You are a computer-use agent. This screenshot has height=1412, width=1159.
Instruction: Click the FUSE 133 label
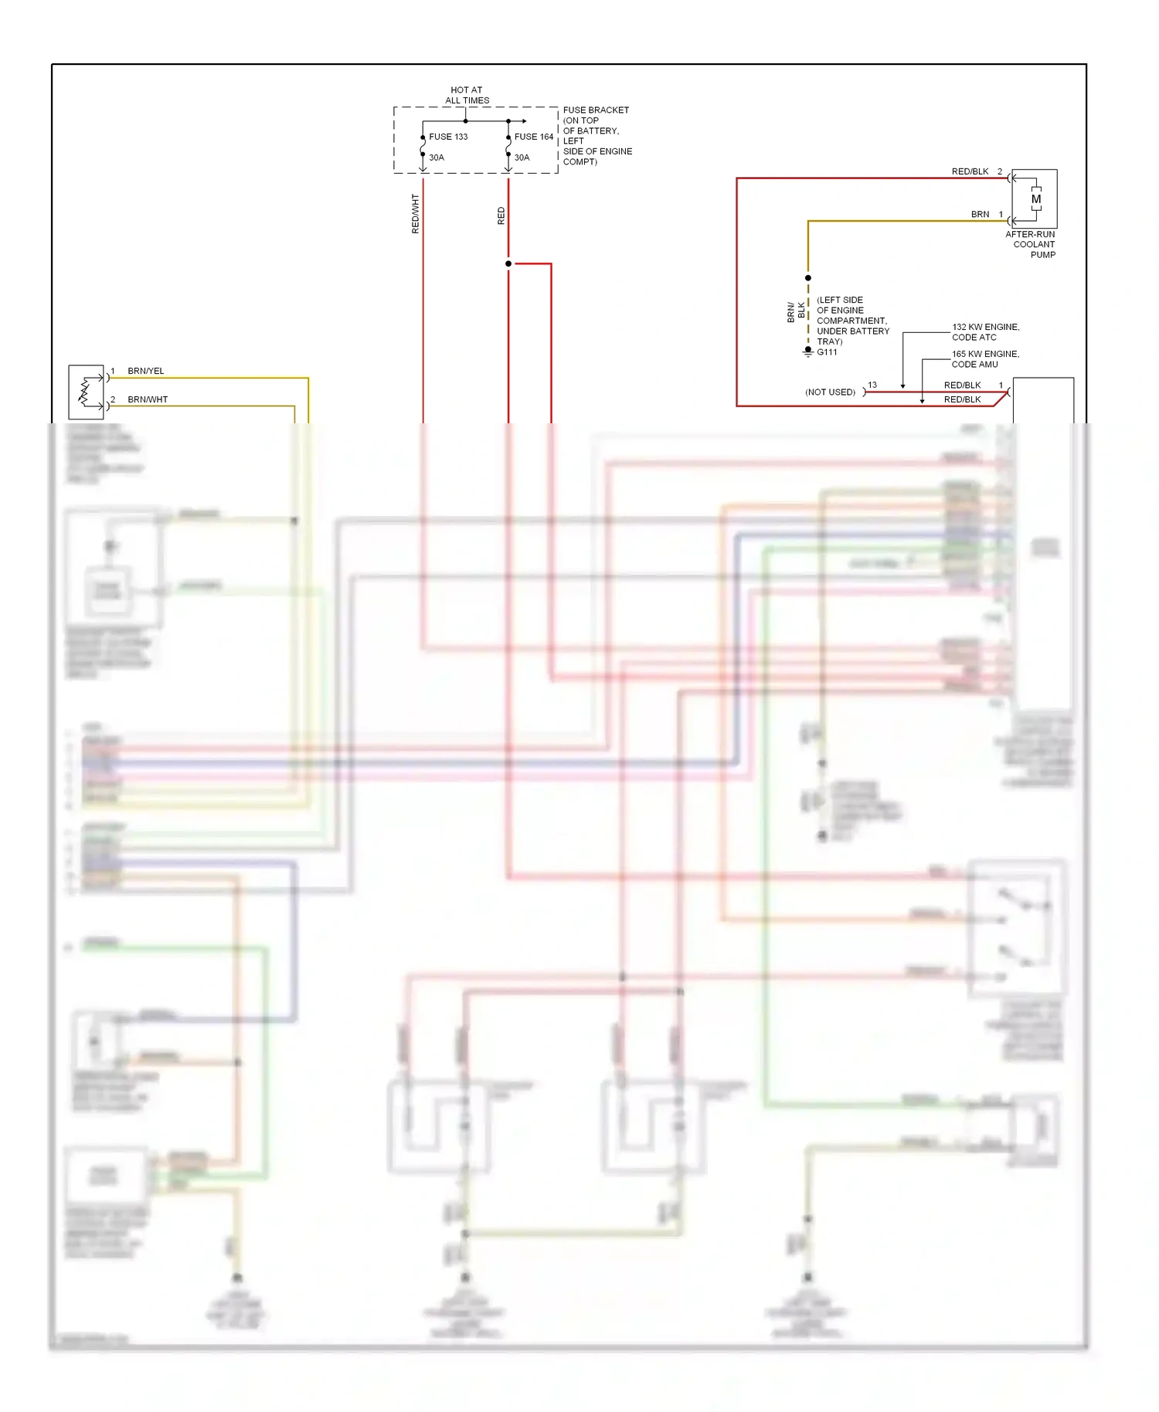pyautogui.click(x=448, y=137)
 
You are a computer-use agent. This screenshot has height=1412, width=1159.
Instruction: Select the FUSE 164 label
pyautogui.click(x=534, y=137)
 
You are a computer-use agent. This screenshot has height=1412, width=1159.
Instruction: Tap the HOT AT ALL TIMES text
pyautogui.click(x=467, y=95)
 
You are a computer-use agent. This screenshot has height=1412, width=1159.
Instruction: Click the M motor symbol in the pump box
pyautogui.click(x=1036, y=199)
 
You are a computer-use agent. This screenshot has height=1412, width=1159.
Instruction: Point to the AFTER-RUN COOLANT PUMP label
pyautogui.click(x=1032, y=244)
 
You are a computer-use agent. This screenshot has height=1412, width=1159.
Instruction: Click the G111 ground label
pyautogui.click(x=827, y=352)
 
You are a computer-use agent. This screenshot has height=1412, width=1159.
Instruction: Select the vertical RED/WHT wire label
pyautogui.click(x=415, y=214)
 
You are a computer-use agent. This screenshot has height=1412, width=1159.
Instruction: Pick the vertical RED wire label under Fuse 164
pyautogui.click(x=501, y=216)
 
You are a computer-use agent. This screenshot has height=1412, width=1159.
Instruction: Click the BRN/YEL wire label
pyautogui.click(x=145, y=371)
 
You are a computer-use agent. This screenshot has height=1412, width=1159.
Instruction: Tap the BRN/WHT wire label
pyautogui.click(x=147, y=399)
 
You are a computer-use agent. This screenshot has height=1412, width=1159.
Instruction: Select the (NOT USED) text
pyautogui.click(x=830, y=392)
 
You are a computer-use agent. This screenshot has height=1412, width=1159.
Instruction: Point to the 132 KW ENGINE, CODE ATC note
pyautogui.click(x=985, y=332)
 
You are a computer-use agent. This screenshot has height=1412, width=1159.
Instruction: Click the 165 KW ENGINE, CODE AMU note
pyautogui.click(x=985, y=359)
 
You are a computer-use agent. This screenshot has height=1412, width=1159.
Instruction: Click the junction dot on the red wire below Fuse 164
pyautogui.click(x=508, y=263)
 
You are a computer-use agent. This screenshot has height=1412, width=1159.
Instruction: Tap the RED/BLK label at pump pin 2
pyautogui.click(x=970, y=171)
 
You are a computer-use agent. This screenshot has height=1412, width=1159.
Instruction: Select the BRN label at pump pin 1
pyautogui.click(x=980, y=214)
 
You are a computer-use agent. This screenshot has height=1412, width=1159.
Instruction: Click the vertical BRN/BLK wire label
pyautogui.click(x=796, y=311)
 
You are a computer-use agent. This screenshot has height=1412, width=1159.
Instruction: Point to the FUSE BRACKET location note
pyautogui.click(x=596, y=136)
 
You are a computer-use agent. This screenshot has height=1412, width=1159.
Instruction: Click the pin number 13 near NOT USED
pyautogui.click(x=872, y=385)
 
